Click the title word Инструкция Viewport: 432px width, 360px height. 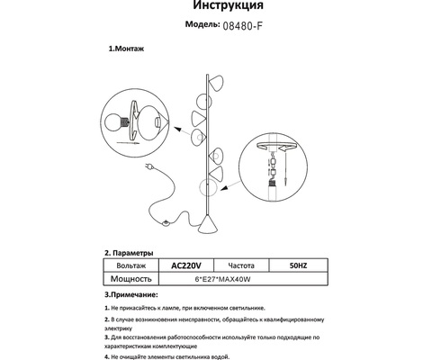(x=215, y=9)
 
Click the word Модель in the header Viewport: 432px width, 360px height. (x=192, y=27)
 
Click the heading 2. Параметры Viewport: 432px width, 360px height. (x=130, y=254)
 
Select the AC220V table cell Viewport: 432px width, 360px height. (x=185, y=266)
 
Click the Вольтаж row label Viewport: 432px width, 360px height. (x=131, y=266)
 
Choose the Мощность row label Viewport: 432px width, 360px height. (x=131, y=279)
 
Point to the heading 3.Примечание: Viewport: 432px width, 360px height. (x=131, y=294)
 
